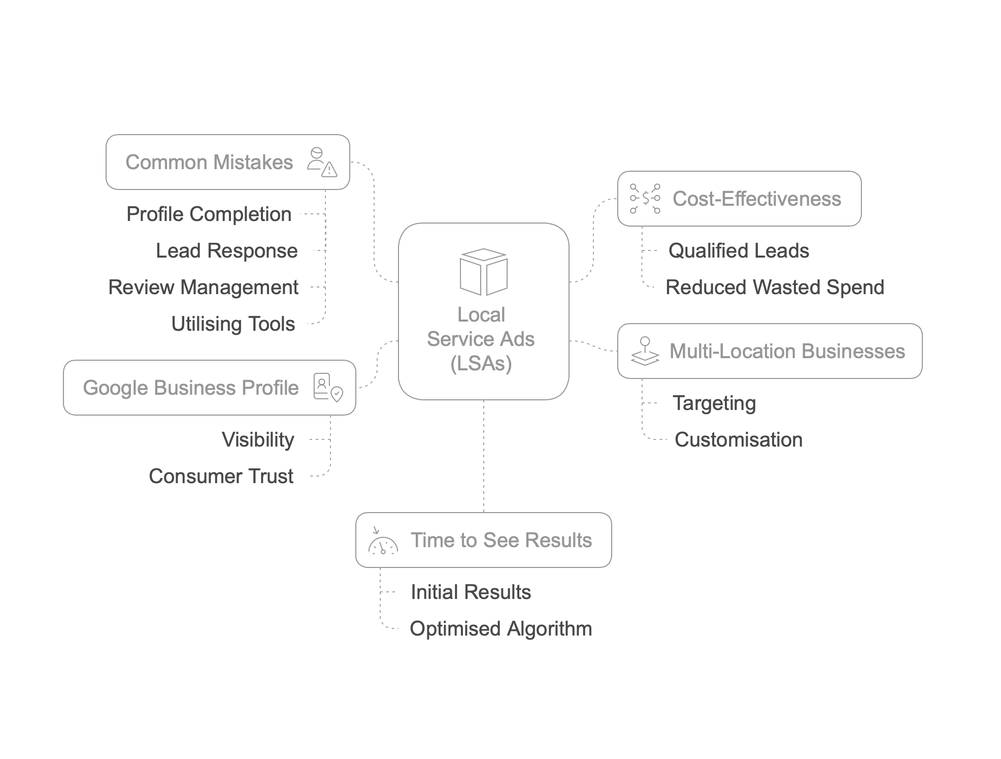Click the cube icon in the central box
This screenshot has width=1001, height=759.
point(483,272)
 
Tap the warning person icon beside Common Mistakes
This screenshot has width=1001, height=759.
point(322,162)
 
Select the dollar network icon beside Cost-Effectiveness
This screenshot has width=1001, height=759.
point(645,199)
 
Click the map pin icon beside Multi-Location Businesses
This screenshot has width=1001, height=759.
point(645,351)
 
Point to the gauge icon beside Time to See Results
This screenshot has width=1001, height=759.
point(383,541)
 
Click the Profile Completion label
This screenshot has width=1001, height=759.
point(209,214)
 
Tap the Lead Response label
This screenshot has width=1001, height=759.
point(226,250)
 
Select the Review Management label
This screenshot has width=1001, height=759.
point(203,287)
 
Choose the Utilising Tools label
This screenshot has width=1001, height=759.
point(233,324)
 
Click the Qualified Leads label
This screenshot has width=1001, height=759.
point(739,250)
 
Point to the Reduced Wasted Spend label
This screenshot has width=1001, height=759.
point(775,287)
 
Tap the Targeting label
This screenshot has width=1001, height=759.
point(714,403)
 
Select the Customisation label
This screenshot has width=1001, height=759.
point(739,439)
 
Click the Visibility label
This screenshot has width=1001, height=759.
point(258,439)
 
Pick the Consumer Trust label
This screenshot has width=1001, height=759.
point(221,476)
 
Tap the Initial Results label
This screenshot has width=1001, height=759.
point(471,592)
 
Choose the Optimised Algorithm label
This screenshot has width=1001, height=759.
point(501,628)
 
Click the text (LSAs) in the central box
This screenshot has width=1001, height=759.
point(481,363)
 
